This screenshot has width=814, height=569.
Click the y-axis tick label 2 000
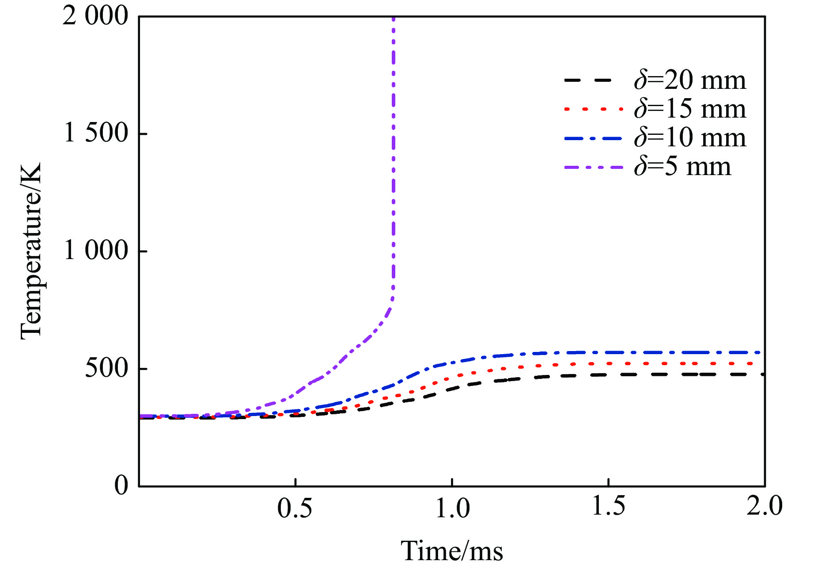(95, 18)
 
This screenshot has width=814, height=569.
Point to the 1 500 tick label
(96, 133)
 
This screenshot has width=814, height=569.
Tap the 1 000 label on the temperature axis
(96, 251)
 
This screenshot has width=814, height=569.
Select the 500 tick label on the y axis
(106, 368)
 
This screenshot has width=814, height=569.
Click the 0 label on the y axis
(121, 485)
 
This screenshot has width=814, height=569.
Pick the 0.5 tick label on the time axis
(295, 508)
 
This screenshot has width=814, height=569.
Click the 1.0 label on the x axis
(452, 508)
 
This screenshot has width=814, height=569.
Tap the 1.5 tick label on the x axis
(608, 506)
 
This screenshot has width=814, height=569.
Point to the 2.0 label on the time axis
(764, 506)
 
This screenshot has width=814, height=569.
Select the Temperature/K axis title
(31, 251)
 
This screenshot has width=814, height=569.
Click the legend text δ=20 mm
(690, 80)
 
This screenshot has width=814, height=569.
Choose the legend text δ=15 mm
(690, 109)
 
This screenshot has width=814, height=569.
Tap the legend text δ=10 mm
(690, 138)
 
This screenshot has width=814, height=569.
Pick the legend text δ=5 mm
(682, 167)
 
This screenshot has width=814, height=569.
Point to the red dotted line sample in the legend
(594, 109)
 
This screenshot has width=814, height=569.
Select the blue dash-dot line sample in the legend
(594, 138)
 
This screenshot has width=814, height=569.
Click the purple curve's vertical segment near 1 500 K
(393, 134)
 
